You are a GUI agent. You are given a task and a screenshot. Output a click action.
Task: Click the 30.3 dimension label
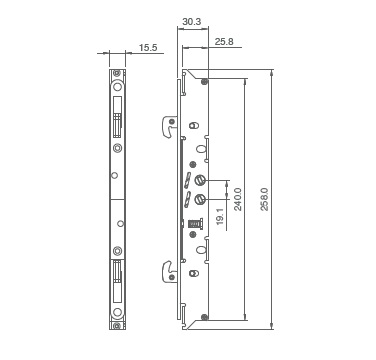pyautogui.click(x=192, y=22)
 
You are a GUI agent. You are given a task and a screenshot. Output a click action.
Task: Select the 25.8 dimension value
pyautogui.click(x=224, y=42)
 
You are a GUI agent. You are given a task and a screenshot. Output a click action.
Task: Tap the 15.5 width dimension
pyautogui.click(x=148, y=47)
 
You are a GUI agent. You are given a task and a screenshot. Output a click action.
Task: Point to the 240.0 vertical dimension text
pyautogui.click(x=238, y=199)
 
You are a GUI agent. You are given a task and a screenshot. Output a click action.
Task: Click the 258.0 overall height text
pyautogui.click(x=264, y=199)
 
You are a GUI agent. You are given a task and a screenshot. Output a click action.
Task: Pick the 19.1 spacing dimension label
pyautogui.click(x=220, y=217)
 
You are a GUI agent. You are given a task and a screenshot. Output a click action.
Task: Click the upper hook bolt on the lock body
pyautogui.click(x=169, y=126)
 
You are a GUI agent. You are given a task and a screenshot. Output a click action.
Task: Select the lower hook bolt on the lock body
pyautogui.click(x=169, y=272)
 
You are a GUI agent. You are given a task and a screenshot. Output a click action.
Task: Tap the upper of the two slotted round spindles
pyautogui.click(x=199, y=180)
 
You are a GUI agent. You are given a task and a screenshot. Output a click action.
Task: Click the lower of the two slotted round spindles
pyautogui.click(x=199, y=199)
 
